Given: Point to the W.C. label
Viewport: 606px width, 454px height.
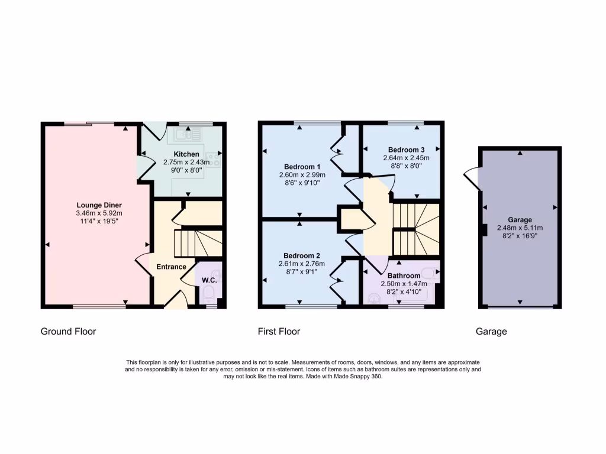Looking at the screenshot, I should point(209,280).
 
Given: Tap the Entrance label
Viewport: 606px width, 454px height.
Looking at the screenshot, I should point(171,267).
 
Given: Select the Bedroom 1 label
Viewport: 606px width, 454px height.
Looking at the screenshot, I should point(302,166).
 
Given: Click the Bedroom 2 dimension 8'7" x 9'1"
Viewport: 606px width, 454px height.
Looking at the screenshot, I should point(302,273).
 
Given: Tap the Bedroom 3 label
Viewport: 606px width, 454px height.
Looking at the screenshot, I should point(407,150).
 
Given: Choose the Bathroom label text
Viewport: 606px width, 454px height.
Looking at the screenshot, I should point(404,275).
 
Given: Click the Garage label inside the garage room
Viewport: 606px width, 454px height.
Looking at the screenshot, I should point(520,220).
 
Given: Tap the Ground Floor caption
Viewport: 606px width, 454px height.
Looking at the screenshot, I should point(68,332).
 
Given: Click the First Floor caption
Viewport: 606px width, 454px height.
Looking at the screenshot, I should point(279,332).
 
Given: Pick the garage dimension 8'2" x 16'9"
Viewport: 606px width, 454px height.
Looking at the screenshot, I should point(520,235).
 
